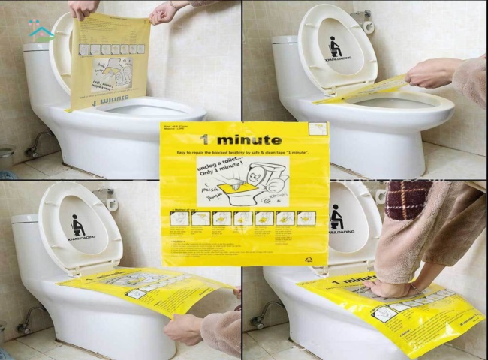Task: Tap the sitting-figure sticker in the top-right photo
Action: pyautogui.click(x=336, y=47)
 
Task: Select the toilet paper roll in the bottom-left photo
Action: pyautogui.click(x=110, y=200)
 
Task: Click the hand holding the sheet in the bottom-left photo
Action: pyautogui.click(x=184, y=327)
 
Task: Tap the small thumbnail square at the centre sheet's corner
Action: pyautogui.click(x=318, y=128)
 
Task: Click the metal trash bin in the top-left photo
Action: pyautogui.click(x=6, y=158)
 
